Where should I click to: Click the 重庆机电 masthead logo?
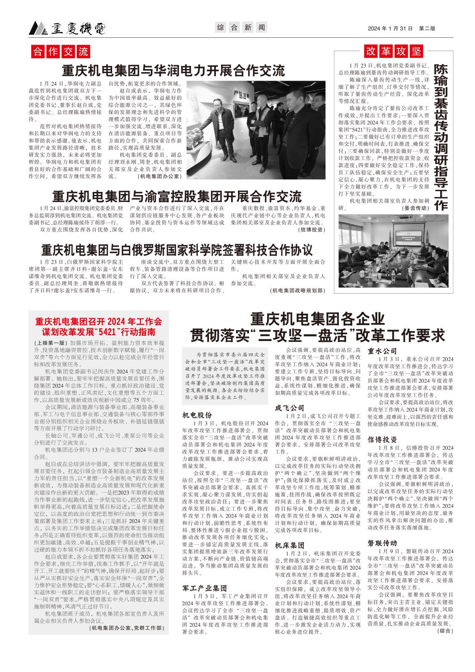[67, 28]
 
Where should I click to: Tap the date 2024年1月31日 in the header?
[390, 28]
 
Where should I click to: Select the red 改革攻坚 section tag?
[394, 51]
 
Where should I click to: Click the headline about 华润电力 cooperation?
[173, 70]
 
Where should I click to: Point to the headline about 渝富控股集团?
[177, 196]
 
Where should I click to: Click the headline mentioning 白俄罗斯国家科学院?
[177, 250]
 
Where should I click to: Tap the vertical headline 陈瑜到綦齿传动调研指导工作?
[441, 137]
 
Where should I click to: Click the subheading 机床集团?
[289, 546]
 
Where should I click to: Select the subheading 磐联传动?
[382, 543]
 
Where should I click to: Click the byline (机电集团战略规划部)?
[298, 290]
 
